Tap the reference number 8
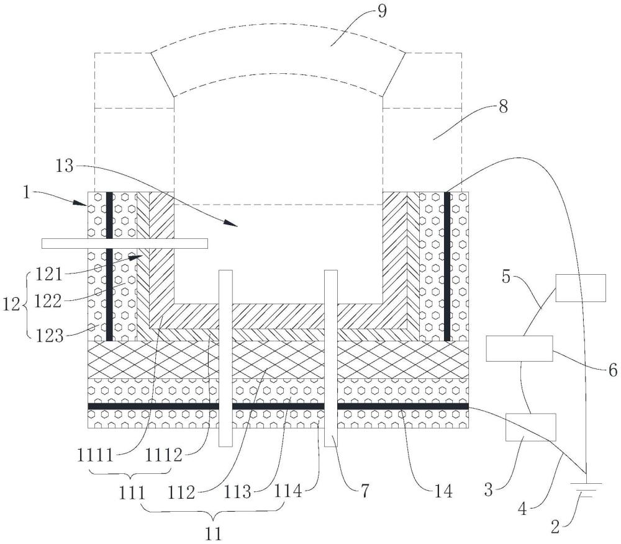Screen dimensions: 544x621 [502, 106]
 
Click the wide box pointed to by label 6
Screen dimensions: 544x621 [519, 349]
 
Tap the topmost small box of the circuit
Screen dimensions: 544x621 [580, 288]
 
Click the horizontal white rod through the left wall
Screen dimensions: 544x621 [124, 244]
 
